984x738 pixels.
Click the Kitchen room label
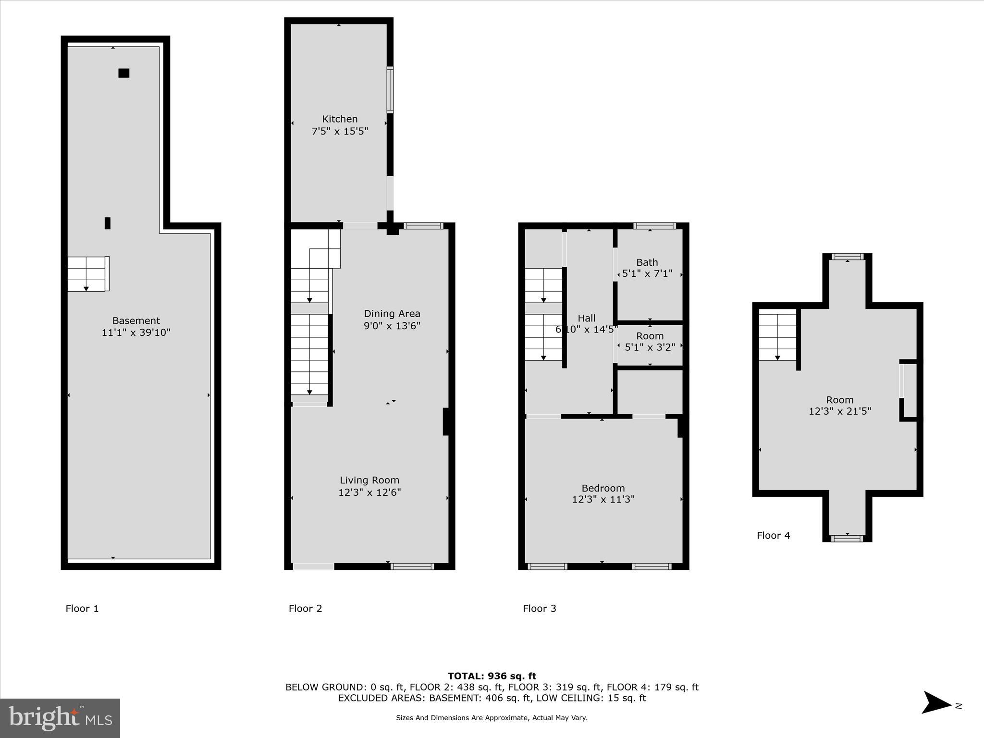click(340, 119)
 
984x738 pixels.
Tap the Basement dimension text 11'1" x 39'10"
click(136, 332)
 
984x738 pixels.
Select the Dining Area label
click(392, 314)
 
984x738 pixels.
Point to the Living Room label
click(369, 480)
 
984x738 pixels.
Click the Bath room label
click(647, 262)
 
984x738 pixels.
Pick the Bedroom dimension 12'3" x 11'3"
click(603, 499)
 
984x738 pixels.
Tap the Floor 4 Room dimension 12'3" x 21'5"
click(839, 411)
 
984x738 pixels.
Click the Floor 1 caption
click(82, 609)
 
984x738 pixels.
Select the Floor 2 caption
click(305, 609)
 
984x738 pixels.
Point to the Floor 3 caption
click(539, 609)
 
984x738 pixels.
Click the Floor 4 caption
click(773, 535)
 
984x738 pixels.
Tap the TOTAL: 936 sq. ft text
click(492, 676)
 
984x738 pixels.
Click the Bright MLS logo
click(60, 718)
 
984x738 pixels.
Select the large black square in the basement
click(123, 73)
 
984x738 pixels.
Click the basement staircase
click(87, 274)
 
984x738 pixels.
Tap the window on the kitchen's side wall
click(390, 90)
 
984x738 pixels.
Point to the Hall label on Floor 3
click(586, 318)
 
